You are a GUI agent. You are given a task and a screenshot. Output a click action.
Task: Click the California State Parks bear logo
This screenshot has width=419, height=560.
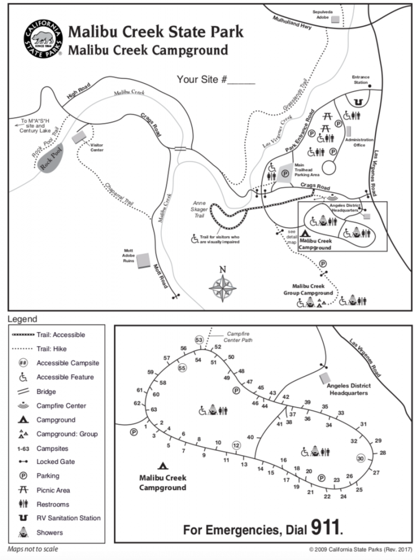44,39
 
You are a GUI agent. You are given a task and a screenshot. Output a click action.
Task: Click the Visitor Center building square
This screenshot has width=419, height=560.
79,137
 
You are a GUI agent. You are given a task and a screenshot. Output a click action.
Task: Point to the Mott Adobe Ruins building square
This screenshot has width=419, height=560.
143,261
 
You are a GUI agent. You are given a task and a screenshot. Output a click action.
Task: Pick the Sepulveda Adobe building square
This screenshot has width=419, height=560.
335,19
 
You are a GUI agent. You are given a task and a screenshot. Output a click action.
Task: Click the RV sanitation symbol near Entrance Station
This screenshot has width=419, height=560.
358,102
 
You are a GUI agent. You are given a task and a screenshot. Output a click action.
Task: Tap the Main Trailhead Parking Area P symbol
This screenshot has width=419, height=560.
285,174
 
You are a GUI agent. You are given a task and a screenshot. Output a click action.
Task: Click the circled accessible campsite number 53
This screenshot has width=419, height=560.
199,340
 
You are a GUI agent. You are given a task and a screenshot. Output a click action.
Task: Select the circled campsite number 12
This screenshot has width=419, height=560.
236,445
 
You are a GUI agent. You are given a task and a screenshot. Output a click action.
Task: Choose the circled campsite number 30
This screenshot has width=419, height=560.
360,459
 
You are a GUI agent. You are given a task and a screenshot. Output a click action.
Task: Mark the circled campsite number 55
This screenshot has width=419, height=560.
182,368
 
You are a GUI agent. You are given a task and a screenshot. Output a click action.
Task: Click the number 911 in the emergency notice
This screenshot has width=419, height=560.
325,528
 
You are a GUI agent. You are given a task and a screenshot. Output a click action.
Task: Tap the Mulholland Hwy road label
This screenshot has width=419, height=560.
292,22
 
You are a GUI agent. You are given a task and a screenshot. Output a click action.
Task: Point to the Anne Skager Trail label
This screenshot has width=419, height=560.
199,209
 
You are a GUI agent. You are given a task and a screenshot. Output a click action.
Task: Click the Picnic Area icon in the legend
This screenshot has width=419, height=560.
23,489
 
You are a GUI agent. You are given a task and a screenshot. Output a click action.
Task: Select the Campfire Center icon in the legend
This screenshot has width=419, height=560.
23,405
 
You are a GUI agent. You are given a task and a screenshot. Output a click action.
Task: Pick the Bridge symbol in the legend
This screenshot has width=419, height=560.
23,392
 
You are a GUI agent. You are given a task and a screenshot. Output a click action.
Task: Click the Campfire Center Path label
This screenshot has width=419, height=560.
238,337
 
